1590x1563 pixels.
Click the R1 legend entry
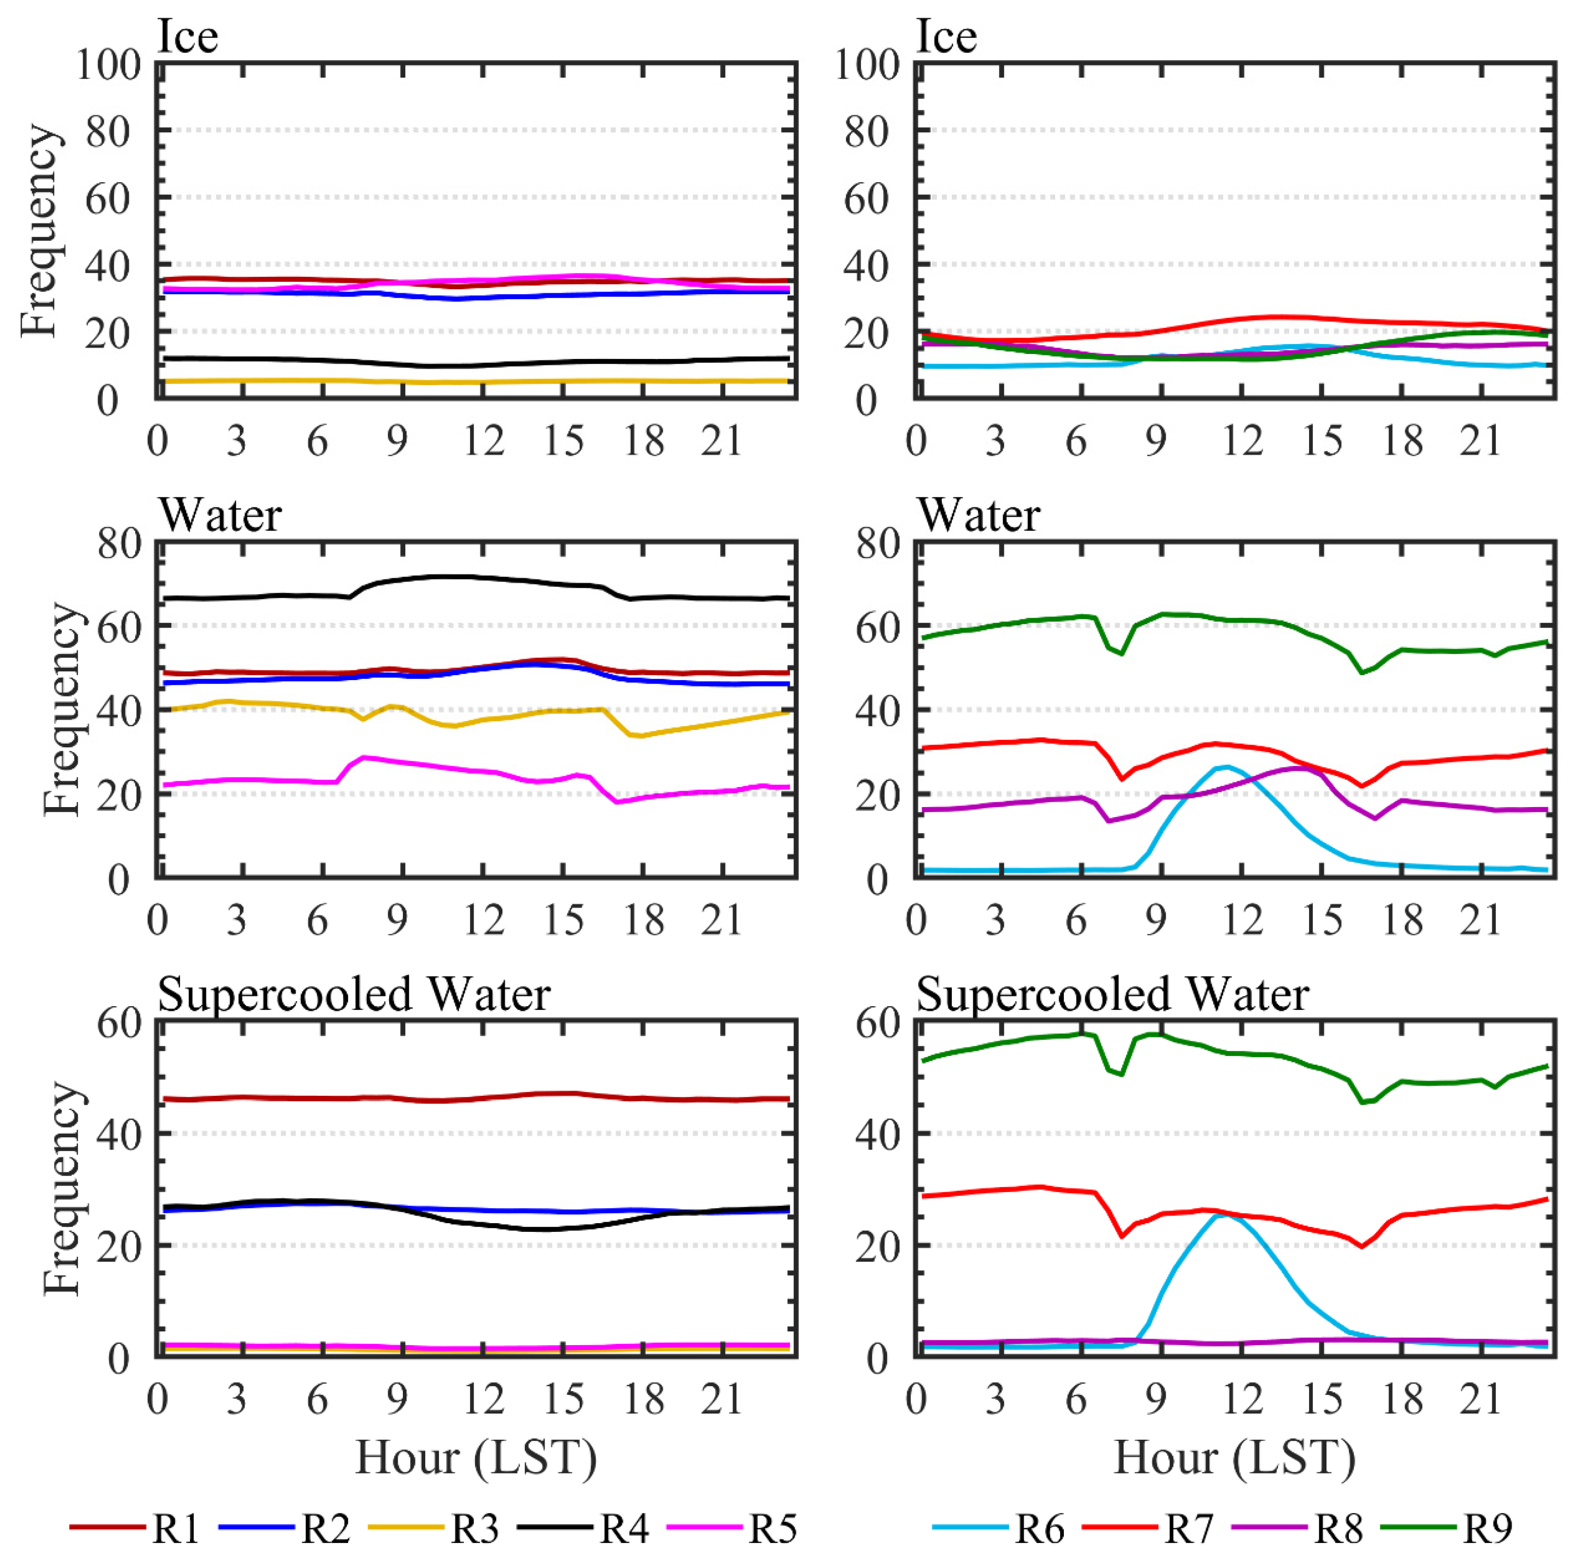175,1529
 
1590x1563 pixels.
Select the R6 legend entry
1039,1529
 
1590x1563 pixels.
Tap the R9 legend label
1487,1529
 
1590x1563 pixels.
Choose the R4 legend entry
624,1529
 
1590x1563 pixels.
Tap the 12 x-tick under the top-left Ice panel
483,442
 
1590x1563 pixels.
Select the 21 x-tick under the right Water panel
1481,920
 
